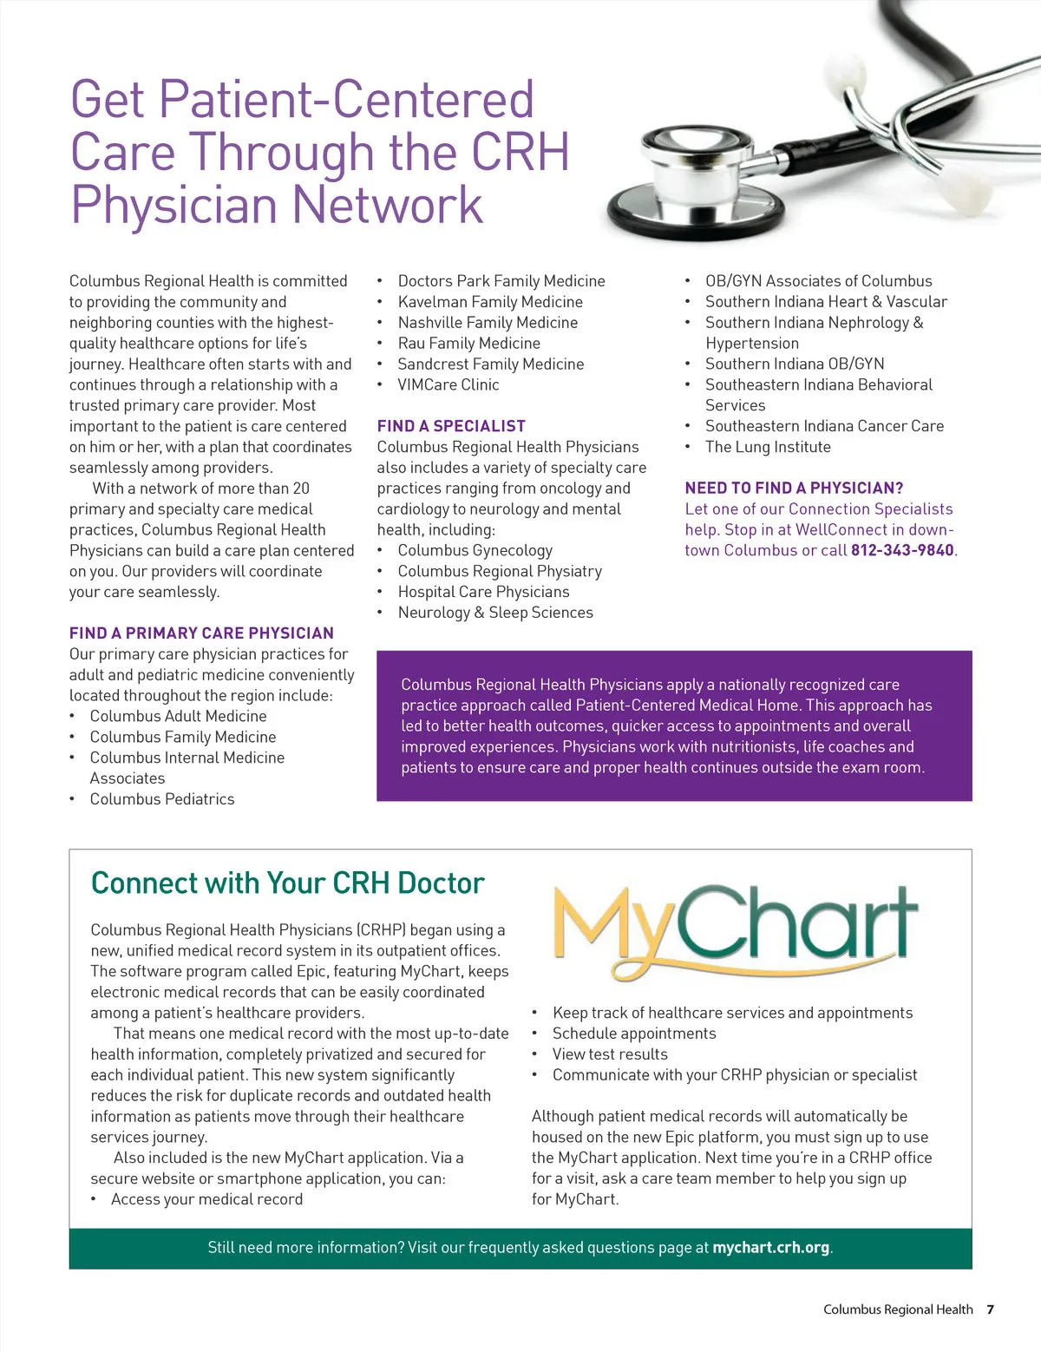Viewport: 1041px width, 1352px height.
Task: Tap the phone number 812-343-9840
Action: point(902,550)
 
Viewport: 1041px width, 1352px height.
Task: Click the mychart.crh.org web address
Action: point(770,1247)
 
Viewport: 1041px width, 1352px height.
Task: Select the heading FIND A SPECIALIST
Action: point(451,426)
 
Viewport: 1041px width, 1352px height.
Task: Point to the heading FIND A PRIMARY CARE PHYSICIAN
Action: point(201,633)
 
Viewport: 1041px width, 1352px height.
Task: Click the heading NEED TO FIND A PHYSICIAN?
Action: point(794,488)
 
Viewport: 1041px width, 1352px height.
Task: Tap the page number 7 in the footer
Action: point(990,1309)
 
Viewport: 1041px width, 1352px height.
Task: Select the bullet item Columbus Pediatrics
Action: point(162,799)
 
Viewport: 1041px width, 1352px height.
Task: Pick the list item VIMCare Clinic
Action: point(448,384)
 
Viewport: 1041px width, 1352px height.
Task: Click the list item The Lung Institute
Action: point(768,447)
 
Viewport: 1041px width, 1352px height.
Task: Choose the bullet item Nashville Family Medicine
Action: point(488,323)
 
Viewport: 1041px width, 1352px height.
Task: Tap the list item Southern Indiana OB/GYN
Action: point(795,364)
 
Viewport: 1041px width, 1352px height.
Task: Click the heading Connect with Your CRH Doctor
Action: point(287,883)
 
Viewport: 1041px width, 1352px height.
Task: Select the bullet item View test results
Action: point(610,1054)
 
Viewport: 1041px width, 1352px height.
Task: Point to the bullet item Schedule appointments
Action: point(634,1034)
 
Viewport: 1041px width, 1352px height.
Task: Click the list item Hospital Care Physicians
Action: point(483,592)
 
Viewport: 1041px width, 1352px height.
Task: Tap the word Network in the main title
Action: point(387,205)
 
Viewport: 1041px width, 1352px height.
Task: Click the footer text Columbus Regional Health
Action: point(898,1309)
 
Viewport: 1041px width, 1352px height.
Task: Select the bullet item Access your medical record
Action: point(206,1199)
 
